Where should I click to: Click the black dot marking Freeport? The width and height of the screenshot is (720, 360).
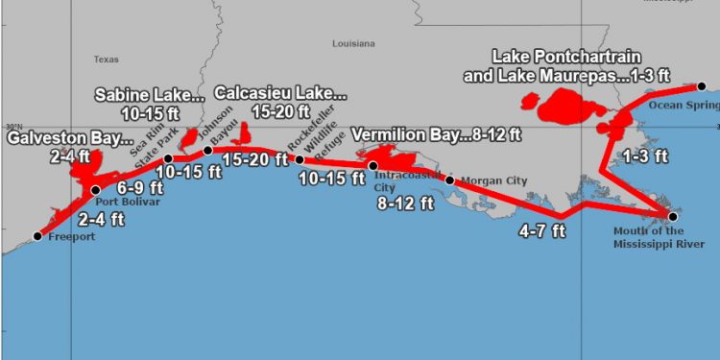point(37,235)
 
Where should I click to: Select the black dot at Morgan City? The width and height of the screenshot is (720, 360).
point(449,180)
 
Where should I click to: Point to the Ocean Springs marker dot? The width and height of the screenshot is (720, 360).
point(702,87)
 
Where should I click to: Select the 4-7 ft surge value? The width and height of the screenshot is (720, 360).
point(542,231)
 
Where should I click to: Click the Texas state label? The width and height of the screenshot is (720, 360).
point(106,59)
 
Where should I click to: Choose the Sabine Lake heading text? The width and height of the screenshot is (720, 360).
point(149,95)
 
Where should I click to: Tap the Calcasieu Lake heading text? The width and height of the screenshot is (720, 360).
point(279,93)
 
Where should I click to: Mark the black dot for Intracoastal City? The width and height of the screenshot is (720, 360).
point(373,166)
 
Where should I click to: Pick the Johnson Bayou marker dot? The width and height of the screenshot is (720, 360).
point(208,150)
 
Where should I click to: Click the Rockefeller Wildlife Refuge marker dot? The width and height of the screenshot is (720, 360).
point(299,159)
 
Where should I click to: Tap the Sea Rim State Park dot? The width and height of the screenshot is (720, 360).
point(168,158)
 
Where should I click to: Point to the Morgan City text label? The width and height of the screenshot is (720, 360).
point(490,180)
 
